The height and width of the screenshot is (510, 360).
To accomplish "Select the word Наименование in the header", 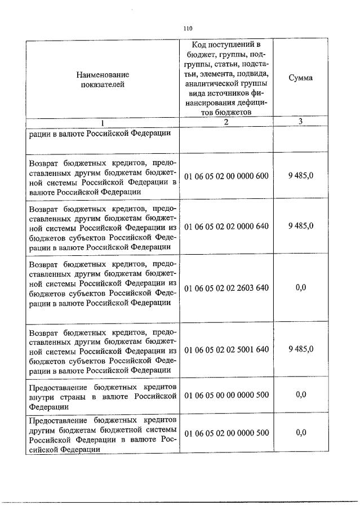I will click(103, 74).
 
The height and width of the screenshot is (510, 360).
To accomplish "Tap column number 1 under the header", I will click(102, 122).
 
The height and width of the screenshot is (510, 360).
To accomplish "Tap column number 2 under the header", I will click(226, 122).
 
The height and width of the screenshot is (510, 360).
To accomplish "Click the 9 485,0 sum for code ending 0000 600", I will click(301, 176).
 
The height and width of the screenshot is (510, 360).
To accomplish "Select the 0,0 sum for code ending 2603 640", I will click(301, 287).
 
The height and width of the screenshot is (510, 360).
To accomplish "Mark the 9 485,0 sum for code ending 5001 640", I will click(301, 349).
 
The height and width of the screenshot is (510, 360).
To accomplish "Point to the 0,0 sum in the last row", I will click(301, 432).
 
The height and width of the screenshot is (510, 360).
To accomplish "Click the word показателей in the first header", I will click(103, 85).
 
